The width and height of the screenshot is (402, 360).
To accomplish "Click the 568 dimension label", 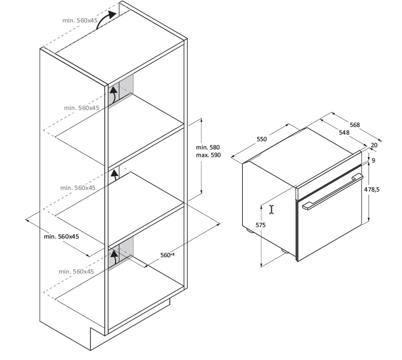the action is pyautogui.click(x=355, y=125).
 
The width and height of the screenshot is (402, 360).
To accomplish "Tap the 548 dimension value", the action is pyautogui.click(x=344, y=132).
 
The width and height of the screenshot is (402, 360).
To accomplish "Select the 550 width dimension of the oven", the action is pyautogui.click(x=262, y=139).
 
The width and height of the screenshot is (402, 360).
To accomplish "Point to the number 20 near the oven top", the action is pyautogui.click(x=374, y=145).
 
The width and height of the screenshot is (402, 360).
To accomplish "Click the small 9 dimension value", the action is pyautogui.click(x=374, y=160).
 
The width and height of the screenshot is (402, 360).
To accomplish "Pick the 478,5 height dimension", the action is pyautogui.click(x=372, y=189).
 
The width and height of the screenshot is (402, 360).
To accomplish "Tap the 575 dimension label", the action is pyautogui.click(x=261, y=225).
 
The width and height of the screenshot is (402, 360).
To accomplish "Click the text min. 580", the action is pyautogui.click(x=208, y=147).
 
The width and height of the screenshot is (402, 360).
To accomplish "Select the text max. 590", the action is pyautogui.click(x=209, y=155).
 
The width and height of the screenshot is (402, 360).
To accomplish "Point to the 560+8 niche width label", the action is pyautogui.click(x=168, y=255).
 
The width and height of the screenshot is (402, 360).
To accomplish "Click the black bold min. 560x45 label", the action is pyautogui.click(x=61, y=236).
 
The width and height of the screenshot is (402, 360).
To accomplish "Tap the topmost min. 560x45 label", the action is pyautogui.click(x=80, y=20).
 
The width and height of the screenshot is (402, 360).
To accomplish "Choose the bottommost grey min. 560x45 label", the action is pyautogui.click(x=76, y=271).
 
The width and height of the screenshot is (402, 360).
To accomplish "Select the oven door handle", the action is pyautogui.click(x=333, y=191).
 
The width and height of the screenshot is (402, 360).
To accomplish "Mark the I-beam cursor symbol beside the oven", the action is pyautogui.click(x=272, y=210).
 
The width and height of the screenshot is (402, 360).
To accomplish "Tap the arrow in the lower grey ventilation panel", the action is pyautogui.click(x=114, y=257).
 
